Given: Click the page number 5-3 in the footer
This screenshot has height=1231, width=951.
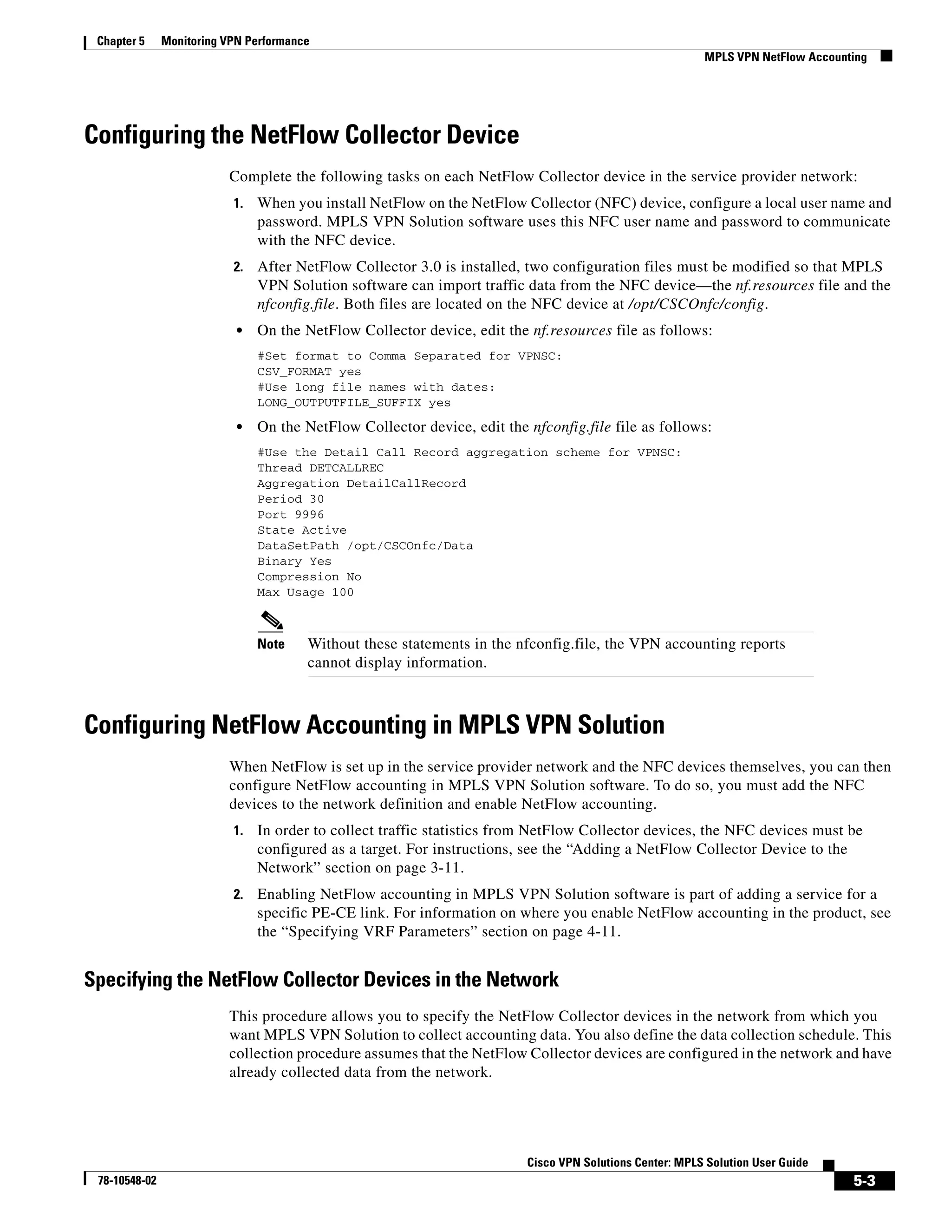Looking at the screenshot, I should click(x=864, y=1180).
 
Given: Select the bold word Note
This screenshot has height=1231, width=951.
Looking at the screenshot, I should click(x=271, y=644).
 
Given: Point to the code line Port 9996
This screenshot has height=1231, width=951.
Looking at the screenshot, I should click(x=291, y=515).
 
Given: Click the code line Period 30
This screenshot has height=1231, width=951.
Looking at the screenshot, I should click(x=291, y=499).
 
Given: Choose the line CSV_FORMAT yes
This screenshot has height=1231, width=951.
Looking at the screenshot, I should click(x=309, y=372).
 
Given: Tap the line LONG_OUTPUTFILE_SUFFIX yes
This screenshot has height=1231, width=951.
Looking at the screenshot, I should click(x=354, y=403).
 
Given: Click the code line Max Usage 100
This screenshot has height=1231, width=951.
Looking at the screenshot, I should click(x=306, y=592).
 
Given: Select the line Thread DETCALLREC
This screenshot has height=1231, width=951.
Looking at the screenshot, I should click(x=320, y=468).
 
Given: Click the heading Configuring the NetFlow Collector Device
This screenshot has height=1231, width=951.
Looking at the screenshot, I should click(x=301, y=135).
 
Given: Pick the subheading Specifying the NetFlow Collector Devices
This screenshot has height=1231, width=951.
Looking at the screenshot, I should click(x=321, y=980).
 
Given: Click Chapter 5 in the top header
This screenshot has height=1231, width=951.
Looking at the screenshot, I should click(x=121, y=41).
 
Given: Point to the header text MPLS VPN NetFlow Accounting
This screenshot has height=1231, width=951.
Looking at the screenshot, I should click(x=785, y=57).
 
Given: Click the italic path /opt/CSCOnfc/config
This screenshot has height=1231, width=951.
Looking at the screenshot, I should click(x=697, y=304).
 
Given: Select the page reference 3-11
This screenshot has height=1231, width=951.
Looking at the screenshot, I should click(x=446, y=868).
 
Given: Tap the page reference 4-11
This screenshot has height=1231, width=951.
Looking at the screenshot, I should click(x=602, y=932).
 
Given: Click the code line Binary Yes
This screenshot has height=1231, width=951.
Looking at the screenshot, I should click(x=294, y=562).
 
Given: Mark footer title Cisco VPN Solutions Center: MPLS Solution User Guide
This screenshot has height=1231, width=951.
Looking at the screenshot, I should click(x=667, y=1162).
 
